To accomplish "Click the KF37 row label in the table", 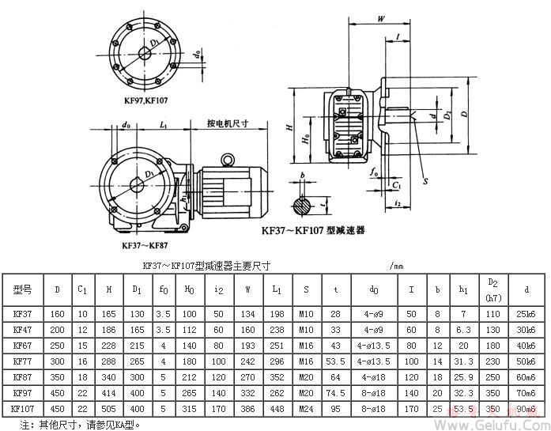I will tap(22, 314).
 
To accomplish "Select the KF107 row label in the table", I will tap(23, 409).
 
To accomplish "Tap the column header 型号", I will tap(22, 289).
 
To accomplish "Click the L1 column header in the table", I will tap(276, 289).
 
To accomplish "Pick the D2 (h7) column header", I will tap(493, 289).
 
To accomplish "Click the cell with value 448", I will tap(276, 409).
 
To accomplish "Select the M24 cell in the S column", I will tap(306, 409).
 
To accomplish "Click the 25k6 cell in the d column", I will tap(525, 314).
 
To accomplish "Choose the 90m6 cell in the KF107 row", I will tap(525, 409).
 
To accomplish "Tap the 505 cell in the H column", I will tap(108, 409).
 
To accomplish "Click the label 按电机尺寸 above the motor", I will tap(228, 124).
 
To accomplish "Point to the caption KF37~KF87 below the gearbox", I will tap(142, 246).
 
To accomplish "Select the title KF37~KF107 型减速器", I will tap(313, 231).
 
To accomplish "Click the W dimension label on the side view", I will tap(381, 16).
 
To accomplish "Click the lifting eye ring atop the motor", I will tap(227, 161).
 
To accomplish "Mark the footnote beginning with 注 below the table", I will tap(79, 425).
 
